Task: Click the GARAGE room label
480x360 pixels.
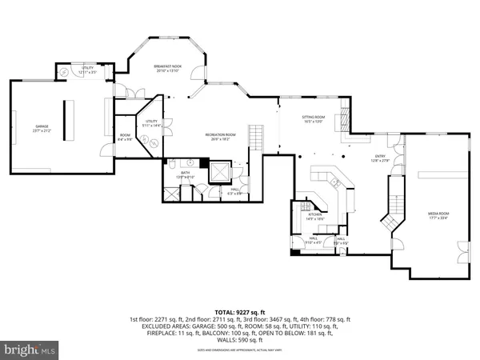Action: [41, 126]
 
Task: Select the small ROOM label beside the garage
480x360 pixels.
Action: [126, 135]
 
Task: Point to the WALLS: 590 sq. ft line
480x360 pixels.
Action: [239, 339]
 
